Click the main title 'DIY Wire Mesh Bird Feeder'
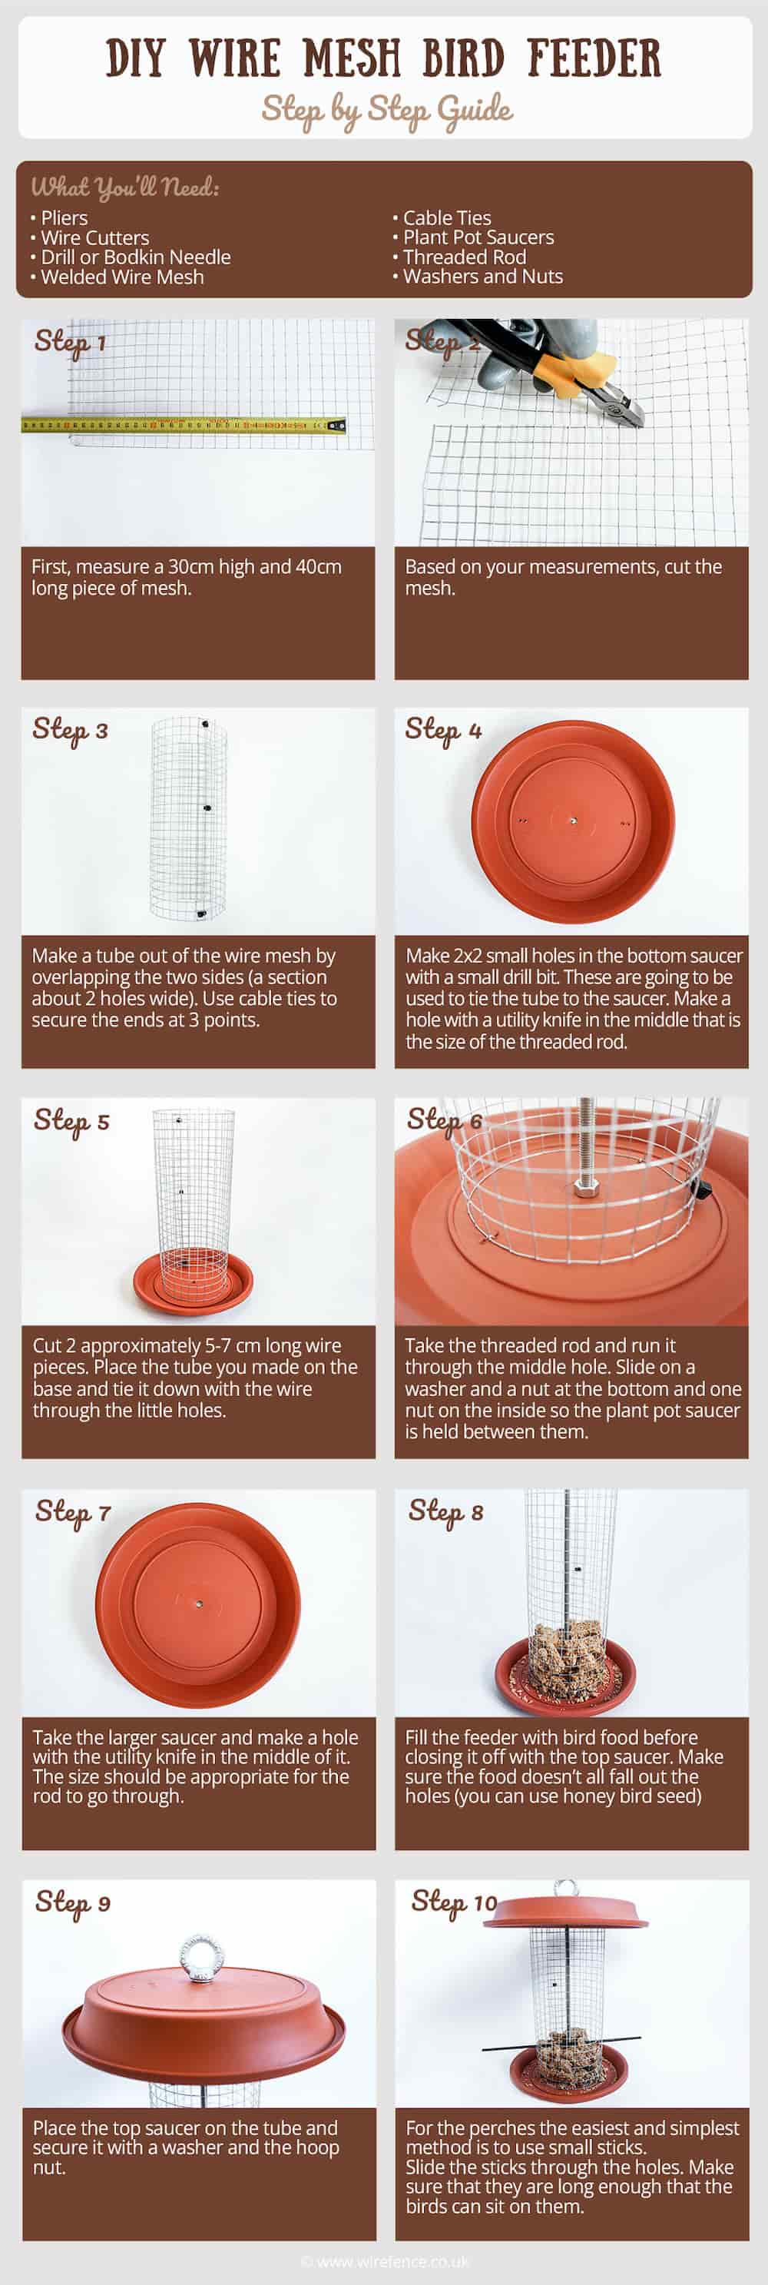[x=383, y=58]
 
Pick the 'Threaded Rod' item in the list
[x=464, y=257]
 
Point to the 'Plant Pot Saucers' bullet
[x=478, y=237]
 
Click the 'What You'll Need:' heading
[x=124, y=187]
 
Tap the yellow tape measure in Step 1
[x=183, y=426]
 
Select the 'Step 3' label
[x=70, y=730]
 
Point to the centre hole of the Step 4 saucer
[x=574, y=821]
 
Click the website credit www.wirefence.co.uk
[x=384, y=2261]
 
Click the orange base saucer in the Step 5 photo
[x=193, y=1285]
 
